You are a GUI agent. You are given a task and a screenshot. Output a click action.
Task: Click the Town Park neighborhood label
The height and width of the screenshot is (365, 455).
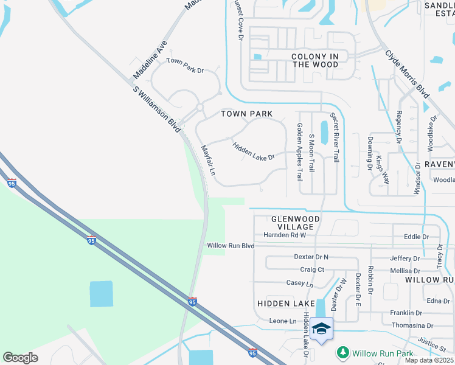point(246,114)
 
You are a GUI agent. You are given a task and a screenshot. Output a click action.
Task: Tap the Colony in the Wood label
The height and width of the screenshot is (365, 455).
point(315,60)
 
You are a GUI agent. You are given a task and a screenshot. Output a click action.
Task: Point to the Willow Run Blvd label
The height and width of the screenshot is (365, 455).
point(230,245)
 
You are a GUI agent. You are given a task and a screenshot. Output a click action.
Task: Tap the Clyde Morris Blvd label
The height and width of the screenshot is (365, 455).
point(407,74)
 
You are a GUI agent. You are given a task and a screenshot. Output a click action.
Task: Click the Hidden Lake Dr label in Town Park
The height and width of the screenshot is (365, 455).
point(254,151)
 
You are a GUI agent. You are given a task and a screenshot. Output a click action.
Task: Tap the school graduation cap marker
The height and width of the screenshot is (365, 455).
point(321,329)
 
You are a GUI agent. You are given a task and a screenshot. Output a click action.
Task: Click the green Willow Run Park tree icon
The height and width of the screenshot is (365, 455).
point(343,353)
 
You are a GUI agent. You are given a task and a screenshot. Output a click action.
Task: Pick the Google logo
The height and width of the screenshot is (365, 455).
point(20,357)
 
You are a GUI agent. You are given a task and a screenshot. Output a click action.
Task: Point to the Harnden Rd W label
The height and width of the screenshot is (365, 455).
point(285,235)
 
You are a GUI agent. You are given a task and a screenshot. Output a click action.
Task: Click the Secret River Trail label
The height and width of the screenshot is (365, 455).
point(335,136)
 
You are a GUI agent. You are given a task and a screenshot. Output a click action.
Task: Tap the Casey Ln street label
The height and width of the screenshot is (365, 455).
point(300,283)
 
